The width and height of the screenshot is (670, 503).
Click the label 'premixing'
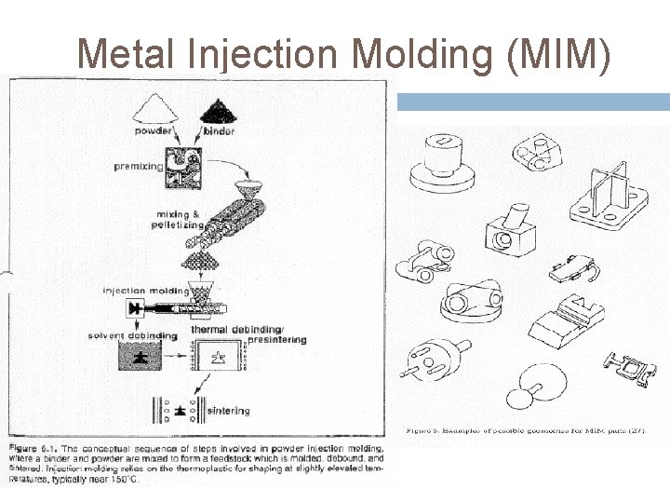[138, 166]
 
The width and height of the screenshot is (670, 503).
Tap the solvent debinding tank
[138, 358]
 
